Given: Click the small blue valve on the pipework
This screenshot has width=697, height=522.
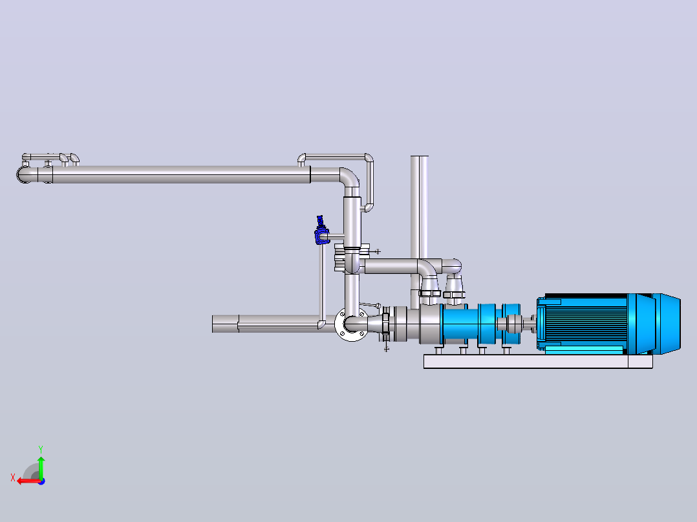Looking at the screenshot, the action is coord(321,231).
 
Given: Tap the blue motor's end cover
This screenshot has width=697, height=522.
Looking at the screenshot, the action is coord(667,324).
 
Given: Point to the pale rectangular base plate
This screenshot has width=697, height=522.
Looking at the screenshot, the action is coord(538,361).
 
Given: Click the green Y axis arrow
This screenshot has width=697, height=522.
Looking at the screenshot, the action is coord(41,467).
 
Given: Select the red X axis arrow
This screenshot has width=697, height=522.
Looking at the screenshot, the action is coord(29,481).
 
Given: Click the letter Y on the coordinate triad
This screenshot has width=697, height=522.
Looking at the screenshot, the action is coord(41,449).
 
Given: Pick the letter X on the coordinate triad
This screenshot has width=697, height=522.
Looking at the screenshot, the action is coord(13,478).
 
